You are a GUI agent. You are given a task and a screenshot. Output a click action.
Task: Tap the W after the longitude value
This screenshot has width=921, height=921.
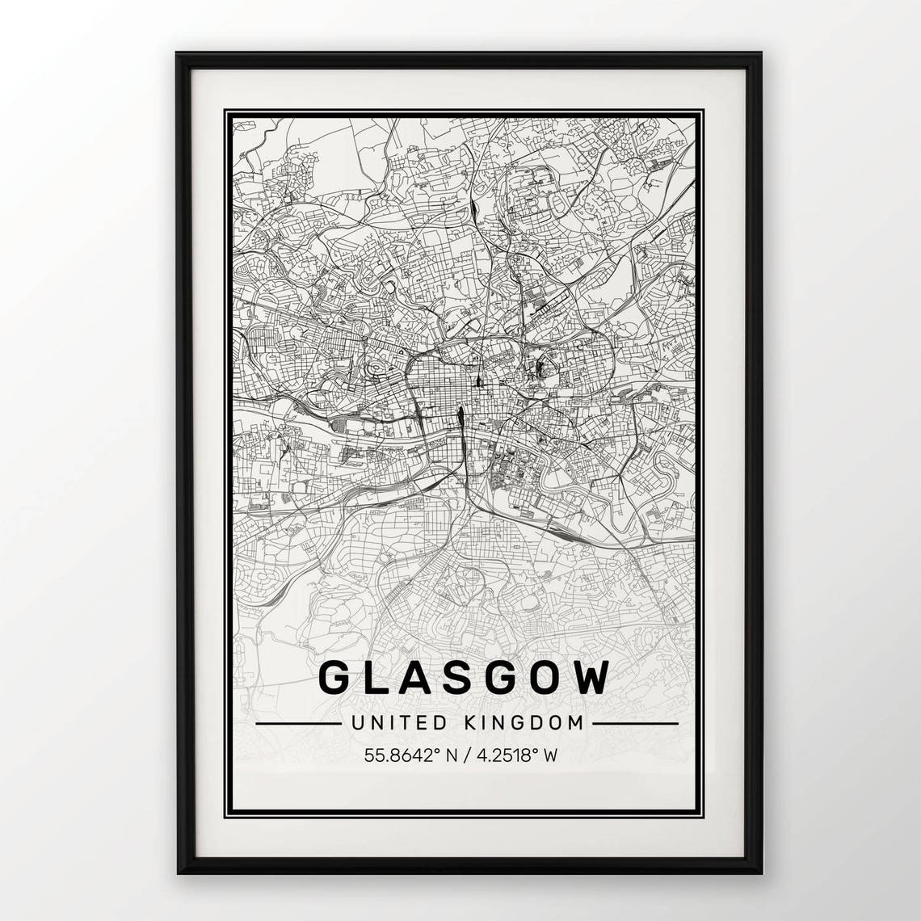tap(551, 756)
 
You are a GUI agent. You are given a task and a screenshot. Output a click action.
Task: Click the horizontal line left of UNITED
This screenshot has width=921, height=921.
tap(298, 723)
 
